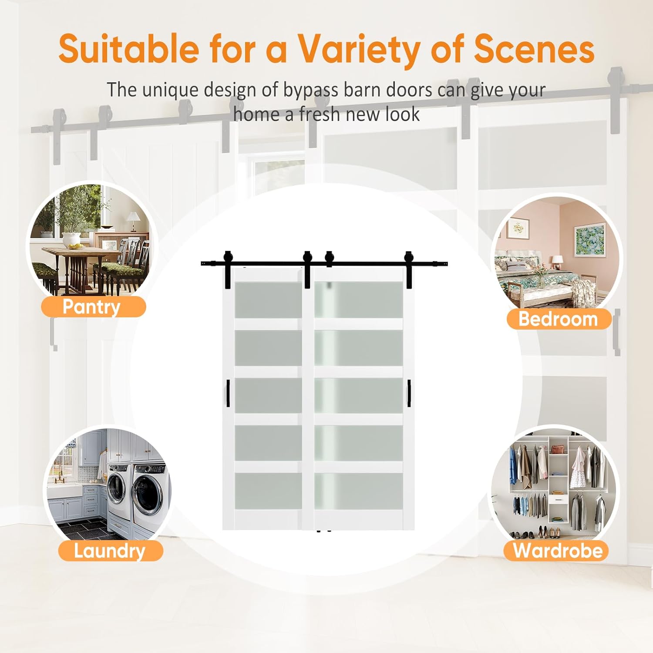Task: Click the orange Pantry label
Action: click(x=93, y=307)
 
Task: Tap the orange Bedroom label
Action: click(x=559, y=319)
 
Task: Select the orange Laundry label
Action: click(x=110, y=551)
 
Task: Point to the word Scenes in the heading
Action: click(x=534, y=49)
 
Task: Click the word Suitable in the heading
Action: click(x=128, y=49)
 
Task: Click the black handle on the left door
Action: click(x=228, y=393)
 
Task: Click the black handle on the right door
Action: click(x=409, y=393)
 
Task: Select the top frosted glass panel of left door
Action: click(x=268, y=300)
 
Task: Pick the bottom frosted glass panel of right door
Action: click(x=358, y=491)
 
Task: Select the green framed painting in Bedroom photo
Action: click(x=590, y=239)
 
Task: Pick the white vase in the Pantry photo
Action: click(x=71, y=239)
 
